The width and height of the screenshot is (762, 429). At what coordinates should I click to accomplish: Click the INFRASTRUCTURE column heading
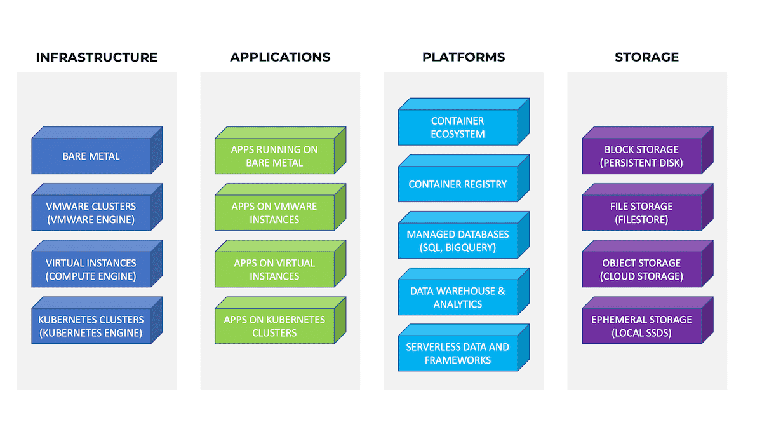[97, 57]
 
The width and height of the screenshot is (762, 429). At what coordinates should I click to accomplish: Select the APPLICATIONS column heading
[280, 57]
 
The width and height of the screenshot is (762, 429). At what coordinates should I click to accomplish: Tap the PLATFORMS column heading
[464, 57]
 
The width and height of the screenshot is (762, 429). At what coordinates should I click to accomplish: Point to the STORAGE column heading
[646, 57]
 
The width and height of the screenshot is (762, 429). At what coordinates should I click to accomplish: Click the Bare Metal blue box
[97, 151]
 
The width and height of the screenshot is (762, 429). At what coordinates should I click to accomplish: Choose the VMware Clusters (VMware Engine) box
[97, 207]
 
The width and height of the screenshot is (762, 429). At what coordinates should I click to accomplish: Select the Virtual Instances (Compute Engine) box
[97, 264]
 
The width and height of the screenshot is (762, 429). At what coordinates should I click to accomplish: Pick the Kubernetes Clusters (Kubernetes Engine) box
[97, 320]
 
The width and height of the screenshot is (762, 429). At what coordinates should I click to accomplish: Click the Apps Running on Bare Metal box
[280, 151]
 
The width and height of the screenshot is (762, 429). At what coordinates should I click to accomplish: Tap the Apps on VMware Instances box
[280, 207]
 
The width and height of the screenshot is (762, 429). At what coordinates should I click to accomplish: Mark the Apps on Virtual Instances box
[280, 264]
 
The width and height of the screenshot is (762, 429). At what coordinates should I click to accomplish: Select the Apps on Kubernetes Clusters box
[280, 320]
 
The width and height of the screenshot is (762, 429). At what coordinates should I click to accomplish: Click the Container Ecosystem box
[464, 121]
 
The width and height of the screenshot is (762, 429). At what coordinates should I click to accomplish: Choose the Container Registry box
[464, 179]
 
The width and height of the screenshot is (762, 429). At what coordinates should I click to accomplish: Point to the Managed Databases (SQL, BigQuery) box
[464, 235]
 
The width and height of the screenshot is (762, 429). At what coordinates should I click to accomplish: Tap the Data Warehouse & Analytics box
[464, 292]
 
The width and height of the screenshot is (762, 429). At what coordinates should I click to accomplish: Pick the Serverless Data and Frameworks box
[464, 348]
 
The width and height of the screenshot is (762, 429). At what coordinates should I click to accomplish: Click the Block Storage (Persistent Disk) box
[648, 151]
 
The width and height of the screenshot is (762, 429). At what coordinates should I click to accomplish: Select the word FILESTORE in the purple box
[641, 220]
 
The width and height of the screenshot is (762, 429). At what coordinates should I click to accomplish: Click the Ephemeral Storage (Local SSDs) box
[648, 320]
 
